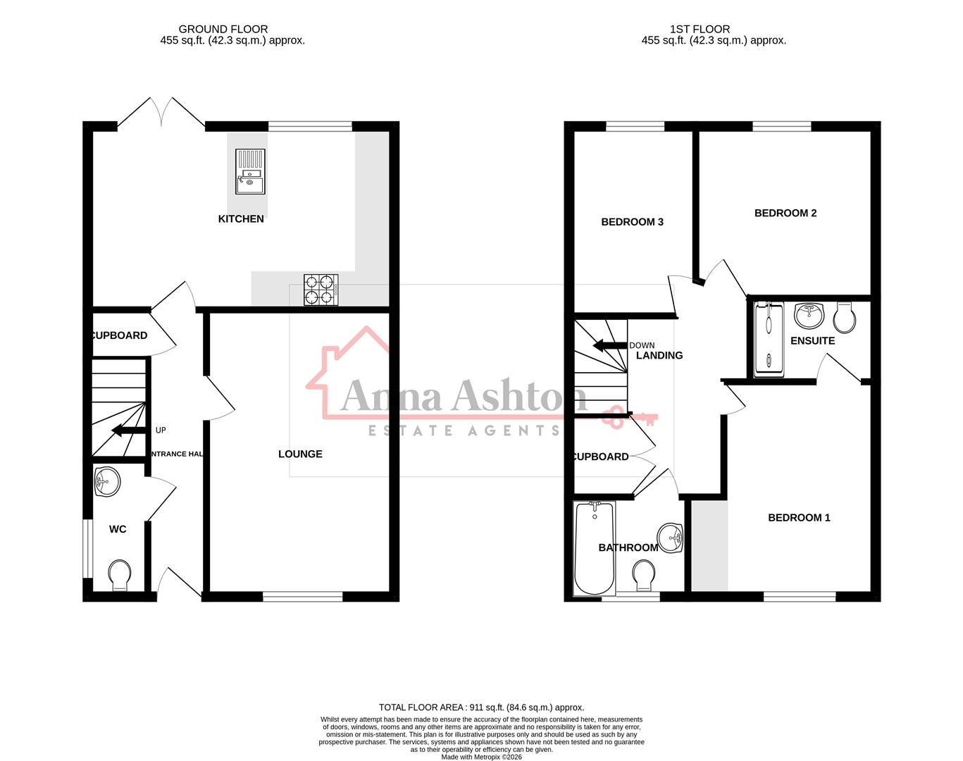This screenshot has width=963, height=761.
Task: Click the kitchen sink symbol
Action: [x=250, y=171]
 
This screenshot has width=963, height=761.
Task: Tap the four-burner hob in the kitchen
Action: [x=321, y=290]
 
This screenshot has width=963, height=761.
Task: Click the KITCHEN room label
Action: [x=241, y=219]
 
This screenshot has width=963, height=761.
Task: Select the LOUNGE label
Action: [x=300, y=454]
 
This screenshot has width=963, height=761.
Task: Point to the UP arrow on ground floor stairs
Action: [x=128, y=431]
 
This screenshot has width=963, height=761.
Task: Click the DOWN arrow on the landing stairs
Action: [x=610, y=346]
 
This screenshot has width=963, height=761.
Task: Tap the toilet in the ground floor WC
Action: [x=120, y=574]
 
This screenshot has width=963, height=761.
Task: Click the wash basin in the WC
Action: [x=107, y=483]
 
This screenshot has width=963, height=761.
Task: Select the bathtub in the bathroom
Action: [x=595, y=547]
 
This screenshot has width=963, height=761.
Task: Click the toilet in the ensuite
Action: [x=845, y=318]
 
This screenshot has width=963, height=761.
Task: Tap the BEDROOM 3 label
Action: [x=632, y=222]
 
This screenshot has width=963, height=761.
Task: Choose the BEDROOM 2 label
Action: [x=785, y=213]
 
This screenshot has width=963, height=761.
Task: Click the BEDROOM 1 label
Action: [x=799, y=518]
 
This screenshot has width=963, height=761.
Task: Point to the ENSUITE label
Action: [x=812, y=341]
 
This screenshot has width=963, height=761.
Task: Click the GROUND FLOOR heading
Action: [x=223, y=29]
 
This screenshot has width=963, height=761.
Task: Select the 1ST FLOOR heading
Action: [x=700, y=29]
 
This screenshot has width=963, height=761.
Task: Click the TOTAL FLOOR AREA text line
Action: [x=481, y=707]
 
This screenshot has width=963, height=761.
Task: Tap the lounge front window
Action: [x=303, y=597]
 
